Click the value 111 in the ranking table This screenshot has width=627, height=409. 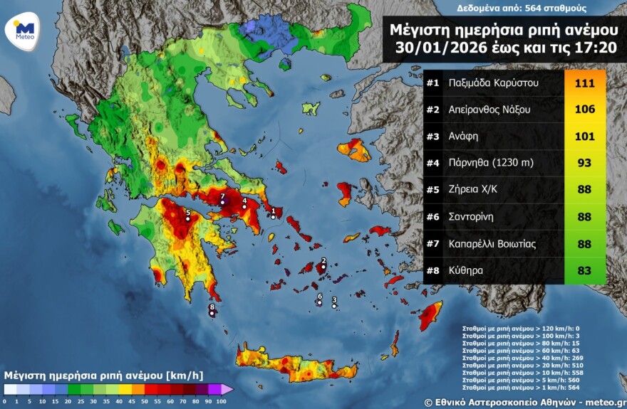(x=584, y=83)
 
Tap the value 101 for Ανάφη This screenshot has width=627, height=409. (x=584, y=137)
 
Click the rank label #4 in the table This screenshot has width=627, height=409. (x=432, y=164)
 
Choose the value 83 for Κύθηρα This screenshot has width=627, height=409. (x=584, y=270)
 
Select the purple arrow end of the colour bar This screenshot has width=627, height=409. (x=227, y=389)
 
